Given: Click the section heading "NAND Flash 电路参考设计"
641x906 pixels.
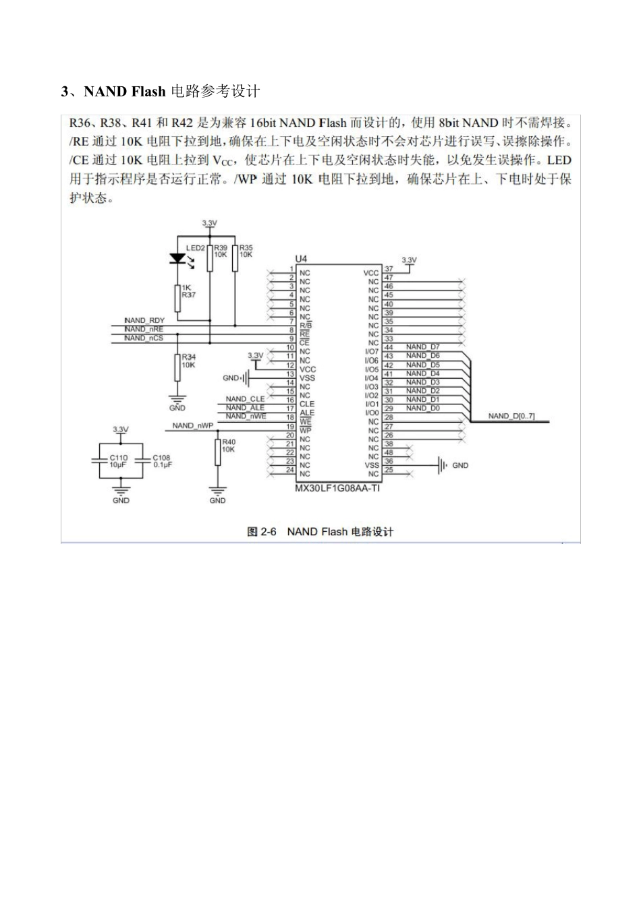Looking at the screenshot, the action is (x=161, y=91).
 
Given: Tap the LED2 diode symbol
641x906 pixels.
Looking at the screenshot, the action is (x=178, y=258).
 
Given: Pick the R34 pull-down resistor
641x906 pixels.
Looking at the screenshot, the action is (x=177, y=365).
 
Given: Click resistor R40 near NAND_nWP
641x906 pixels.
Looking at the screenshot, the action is (x=217, y=451).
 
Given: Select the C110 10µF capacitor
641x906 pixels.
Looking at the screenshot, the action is (x=99, y=460).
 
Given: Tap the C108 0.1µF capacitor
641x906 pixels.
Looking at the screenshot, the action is (x=142, y=460).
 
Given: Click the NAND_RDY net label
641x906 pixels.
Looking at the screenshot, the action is (x=144, y=320).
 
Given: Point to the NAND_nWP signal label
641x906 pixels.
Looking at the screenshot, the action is (x=192, y=426).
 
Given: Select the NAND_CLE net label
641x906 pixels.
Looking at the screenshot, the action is (x=246, y=399).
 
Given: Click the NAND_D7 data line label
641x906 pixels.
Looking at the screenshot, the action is (x=422, y=346).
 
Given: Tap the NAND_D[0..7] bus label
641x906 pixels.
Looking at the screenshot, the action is (x=511, y=416).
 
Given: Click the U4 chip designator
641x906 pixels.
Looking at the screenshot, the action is (x=301, y=259).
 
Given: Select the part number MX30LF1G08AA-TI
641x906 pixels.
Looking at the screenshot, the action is (x=337, y=488).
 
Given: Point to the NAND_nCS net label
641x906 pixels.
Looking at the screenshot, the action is (x=144, y=338).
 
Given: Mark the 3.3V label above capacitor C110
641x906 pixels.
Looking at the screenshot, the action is (x=121, y=429).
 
